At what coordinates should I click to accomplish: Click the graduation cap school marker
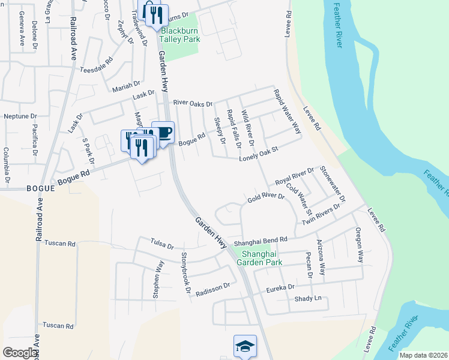[245, 346]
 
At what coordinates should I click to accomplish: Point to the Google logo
[20, 353]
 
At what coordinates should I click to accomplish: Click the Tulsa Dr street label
[162, 245]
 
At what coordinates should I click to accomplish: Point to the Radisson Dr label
[213, 287]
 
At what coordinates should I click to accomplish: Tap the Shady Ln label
[308, 298]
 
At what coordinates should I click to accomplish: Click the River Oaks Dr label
[193, 103]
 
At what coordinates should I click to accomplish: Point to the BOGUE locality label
[41, 188]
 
